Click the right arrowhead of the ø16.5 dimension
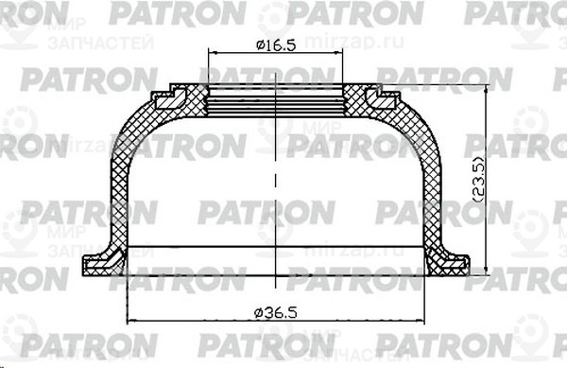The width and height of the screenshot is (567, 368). tap(339, 54)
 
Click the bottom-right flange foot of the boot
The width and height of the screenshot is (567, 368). tap(448, 262)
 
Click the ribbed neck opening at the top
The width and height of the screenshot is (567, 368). tap(275, 95)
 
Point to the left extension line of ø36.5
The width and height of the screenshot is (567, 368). tap(126, 289)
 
